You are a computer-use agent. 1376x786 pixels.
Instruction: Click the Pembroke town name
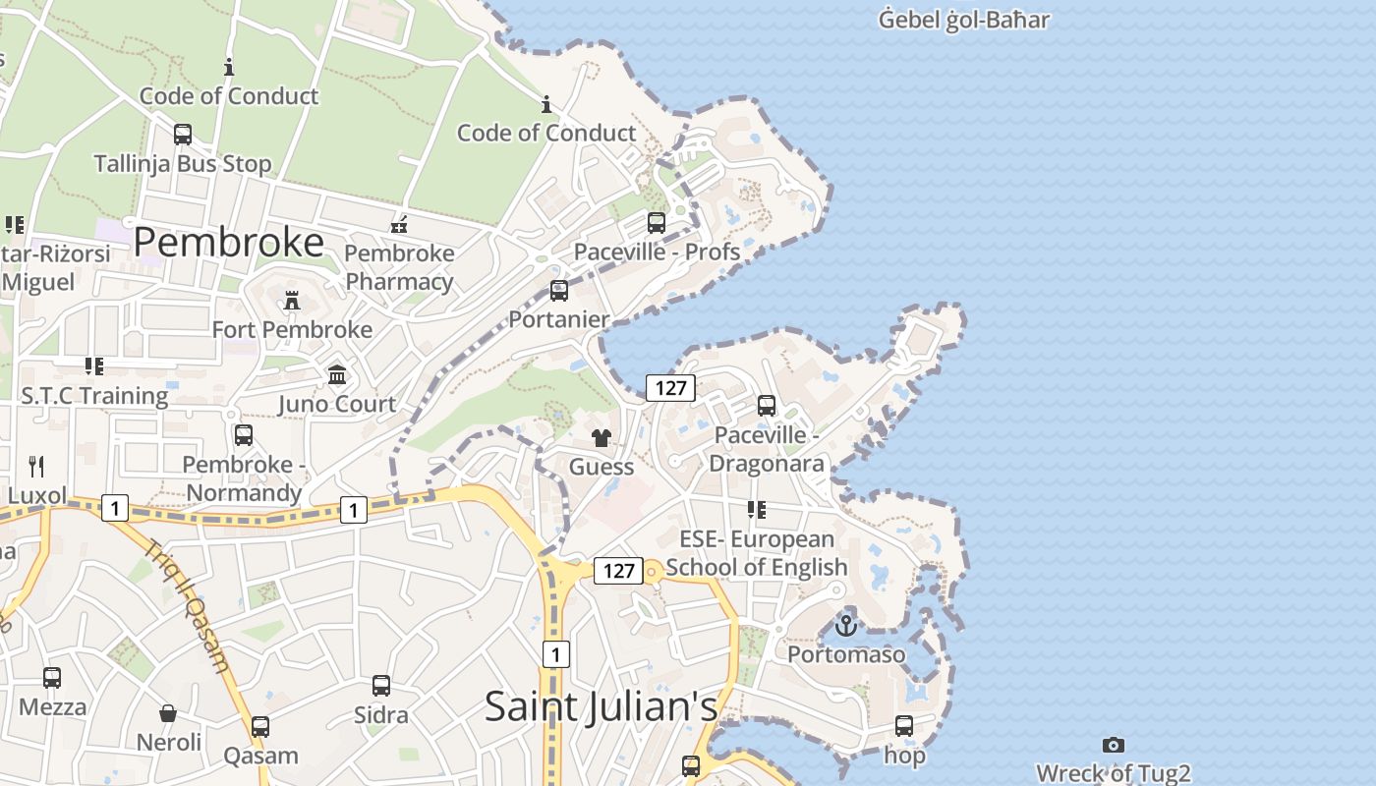click(228, 242)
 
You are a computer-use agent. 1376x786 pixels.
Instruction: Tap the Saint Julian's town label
click(601, 706)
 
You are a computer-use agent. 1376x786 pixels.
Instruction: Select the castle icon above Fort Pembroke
click(292, 301)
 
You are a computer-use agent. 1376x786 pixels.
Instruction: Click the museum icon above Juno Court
click(337, 374)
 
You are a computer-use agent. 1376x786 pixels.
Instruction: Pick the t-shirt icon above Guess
click(602, 437)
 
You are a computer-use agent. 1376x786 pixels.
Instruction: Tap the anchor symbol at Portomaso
click(846, 624)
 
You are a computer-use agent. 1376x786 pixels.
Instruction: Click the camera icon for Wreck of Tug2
click(1113, 745)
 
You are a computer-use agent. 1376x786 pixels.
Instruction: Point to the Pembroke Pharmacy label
click(399, 267)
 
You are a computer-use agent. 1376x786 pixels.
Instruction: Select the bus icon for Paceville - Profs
click(657, 223)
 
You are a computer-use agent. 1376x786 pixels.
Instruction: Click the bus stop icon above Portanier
click(559, 291)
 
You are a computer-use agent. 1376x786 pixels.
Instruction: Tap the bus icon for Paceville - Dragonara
click(767, 405)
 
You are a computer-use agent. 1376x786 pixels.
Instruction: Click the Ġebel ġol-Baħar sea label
click(963, 20)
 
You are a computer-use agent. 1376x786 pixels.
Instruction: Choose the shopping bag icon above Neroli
click(168, 712)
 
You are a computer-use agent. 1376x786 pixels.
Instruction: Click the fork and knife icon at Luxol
click(36, 466)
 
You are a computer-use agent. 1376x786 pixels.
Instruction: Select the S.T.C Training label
click(94, 396)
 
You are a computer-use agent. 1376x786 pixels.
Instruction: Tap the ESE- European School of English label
click(756, 553)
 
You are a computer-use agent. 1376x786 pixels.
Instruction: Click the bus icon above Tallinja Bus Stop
click(183, 135)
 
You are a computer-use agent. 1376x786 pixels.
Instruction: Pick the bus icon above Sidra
click(380, 686)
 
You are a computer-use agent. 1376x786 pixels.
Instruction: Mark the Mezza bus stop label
click(52, 706)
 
